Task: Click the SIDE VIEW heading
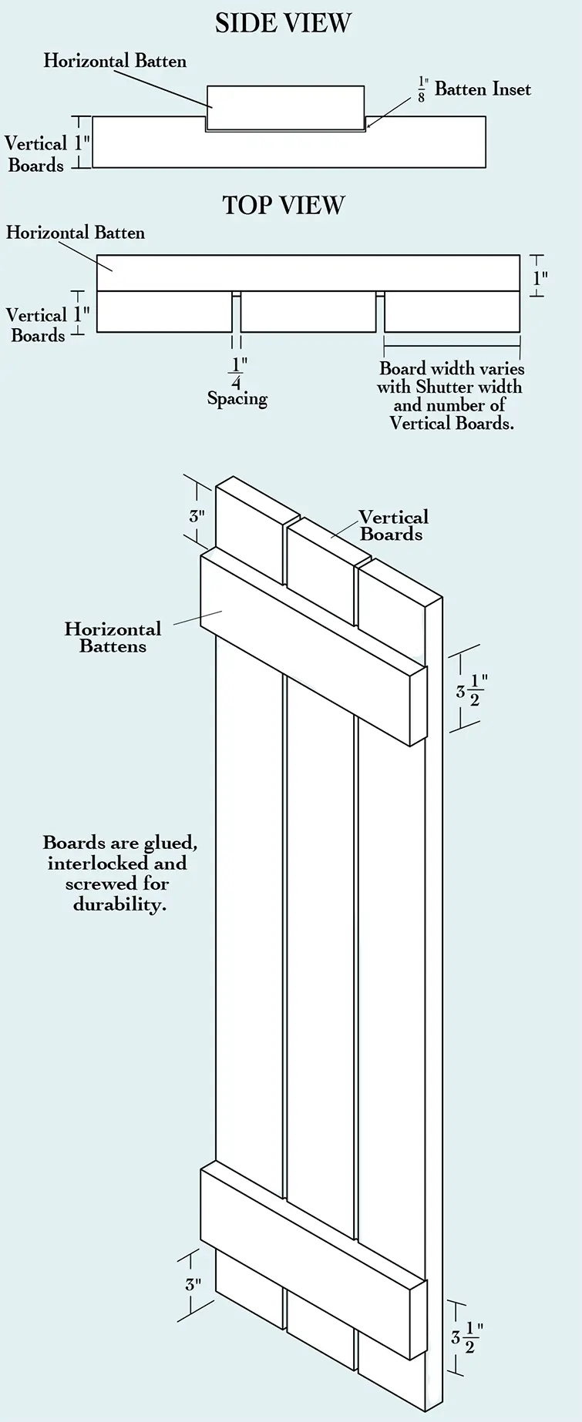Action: point(283,23)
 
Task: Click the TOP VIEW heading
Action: point(284,205)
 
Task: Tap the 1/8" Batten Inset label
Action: point(473,89)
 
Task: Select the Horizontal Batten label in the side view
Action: point(115,61)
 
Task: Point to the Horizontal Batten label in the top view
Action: point(76,233)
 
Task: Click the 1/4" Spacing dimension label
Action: point(237,381)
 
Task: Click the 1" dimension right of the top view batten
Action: point(540,277)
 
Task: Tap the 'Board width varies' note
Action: point(451,396)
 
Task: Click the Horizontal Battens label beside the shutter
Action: point(113,637)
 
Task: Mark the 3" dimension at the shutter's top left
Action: point(197,516)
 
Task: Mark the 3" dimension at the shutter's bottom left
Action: point(193,1283)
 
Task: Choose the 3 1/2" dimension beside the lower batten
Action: point(467,1338)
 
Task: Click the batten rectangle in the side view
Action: point(285,108)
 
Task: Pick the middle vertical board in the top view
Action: point(308,312)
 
